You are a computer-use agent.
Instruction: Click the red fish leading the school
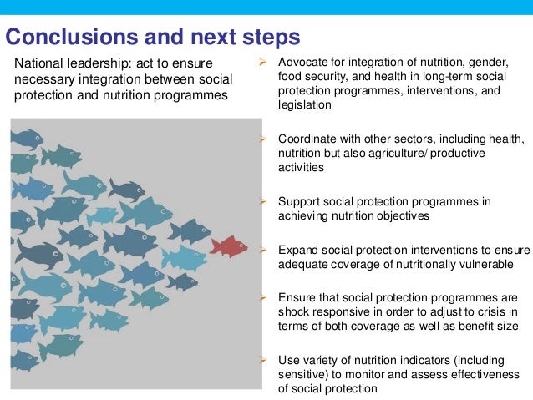228,246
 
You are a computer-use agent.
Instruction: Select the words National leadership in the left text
68,63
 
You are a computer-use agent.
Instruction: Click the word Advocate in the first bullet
302,63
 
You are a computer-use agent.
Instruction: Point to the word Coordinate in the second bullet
308,139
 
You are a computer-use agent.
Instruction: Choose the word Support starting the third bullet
300,202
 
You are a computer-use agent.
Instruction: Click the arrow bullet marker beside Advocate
261,63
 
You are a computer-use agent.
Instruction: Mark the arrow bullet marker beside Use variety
261,359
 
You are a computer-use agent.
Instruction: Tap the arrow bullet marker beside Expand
261,250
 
